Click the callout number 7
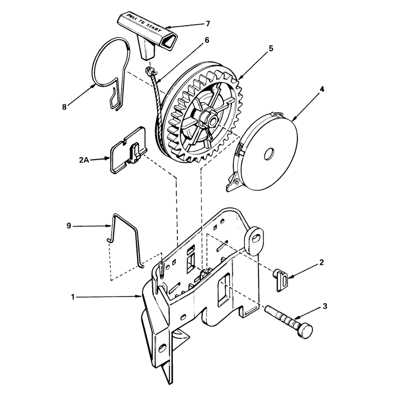207,24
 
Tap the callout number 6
206,40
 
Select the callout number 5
270,48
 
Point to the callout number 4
322,89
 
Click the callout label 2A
84,160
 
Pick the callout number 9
68,226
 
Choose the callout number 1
72,297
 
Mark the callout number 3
325,306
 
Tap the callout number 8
65,107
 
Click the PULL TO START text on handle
144,23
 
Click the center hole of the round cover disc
269,154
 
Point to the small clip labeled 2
281,279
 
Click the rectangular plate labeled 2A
129,151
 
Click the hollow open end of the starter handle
169,40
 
